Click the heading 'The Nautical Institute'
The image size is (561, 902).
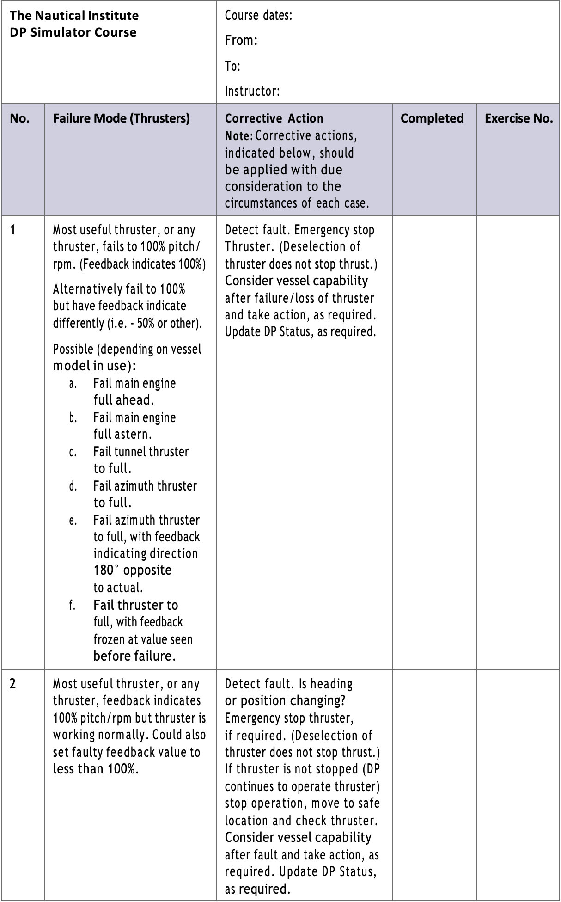(74, 16)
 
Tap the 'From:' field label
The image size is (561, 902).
(241, 41)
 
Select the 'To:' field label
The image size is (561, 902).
(232, 66)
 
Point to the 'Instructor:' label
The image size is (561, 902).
(252, 91)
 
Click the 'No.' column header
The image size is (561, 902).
(19, 118)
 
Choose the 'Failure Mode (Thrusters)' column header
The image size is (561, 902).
(121, 118)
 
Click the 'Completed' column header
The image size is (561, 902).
(432, 118)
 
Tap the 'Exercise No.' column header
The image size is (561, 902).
(518, 118)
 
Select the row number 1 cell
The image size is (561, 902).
(12, 230)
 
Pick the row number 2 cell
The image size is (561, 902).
(12, 684)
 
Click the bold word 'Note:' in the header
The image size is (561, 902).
(239, 136)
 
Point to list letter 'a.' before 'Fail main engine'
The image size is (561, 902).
(73, 384)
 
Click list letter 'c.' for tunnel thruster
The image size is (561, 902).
(73, 452)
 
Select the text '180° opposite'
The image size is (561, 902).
(132, 570)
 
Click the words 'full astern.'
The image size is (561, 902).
(122, 435)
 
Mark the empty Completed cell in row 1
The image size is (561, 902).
(434, 442)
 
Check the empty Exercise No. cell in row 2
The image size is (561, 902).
(518, 784)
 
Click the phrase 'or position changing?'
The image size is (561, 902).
(285, 701)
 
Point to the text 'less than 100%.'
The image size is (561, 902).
(96, 769)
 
